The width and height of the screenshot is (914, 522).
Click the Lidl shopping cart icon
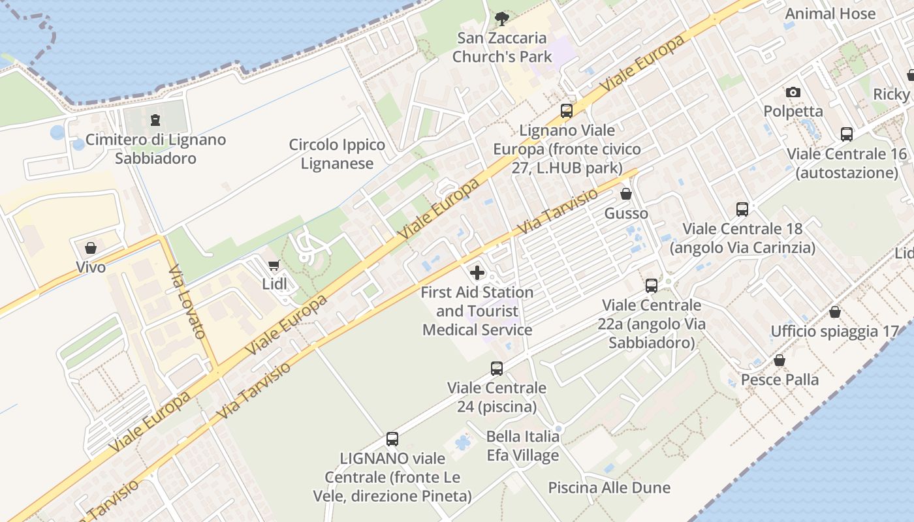274,265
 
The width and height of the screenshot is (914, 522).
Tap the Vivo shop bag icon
91,248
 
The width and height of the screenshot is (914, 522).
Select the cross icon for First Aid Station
477,273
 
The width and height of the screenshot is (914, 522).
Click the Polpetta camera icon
793,93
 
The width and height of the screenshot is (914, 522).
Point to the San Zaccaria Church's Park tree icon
501,19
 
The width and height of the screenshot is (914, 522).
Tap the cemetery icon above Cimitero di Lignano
155,120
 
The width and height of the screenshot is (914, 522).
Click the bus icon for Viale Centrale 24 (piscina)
497,369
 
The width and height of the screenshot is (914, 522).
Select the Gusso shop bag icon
626,194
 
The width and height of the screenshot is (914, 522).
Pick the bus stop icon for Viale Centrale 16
847,134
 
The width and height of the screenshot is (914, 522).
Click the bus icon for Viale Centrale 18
742,209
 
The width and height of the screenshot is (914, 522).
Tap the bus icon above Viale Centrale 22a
652,285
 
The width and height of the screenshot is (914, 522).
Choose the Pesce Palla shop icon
780,360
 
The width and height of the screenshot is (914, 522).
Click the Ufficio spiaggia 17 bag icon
835,312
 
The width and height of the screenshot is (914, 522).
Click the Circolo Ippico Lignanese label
337,154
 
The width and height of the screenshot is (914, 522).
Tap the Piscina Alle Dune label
609,487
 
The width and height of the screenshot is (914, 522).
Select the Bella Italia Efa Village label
523,446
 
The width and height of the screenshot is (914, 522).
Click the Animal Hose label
830,14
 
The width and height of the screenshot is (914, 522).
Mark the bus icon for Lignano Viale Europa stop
567,111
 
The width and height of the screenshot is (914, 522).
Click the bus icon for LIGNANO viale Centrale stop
392,439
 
